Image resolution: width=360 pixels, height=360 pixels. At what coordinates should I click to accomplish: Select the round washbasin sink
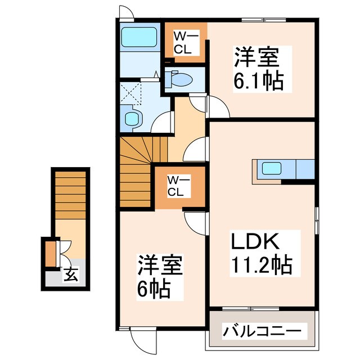(133, 119)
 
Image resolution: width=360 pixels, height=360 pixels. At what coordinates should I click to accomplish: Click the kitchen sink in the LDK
(271, 168)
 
